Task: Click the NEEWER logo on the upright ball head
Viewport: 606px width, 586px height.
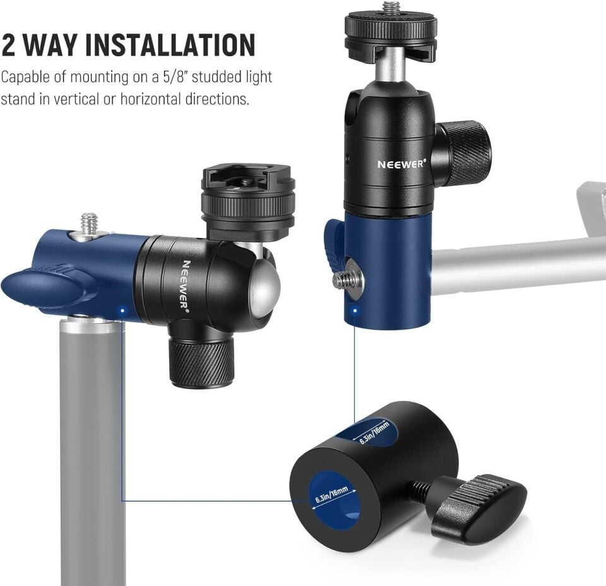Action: click(x=401, y=164)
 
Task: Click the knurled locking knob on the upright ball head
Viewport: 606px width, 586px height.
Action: click(x=464, y=153)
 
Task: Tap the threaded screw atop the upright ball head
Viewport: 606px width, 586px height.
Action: click(x=391, y=8)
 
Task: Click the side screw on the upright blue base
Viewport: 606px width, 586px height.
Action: click(x=346, y=280)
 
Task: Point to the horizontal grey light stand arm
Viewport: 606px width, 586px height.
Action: click(x=518, y=265)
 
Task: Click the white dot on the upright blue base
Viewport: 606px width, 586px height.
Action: click(x=355, y=310)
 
